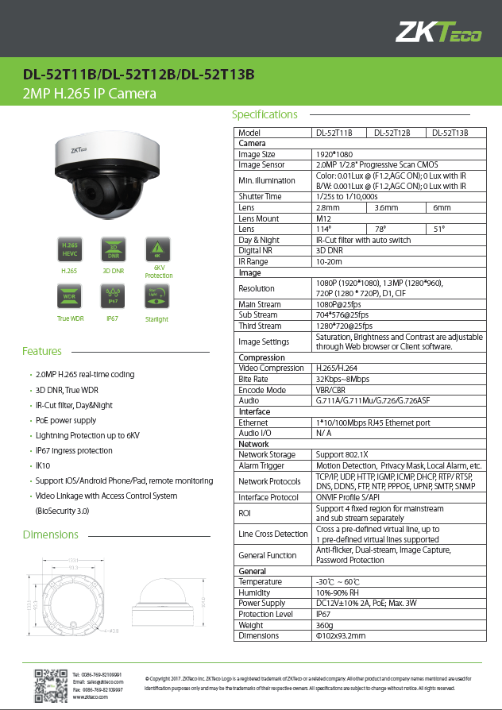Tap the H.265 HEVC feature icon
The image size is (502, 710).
point(69,249)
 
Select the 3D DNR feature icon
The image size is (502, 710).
point(113,249)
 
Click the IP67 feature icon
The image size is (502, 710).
point(113,297)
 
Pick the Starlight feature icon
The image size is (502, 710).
point(156,297)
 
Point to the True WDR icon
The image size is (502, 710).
point(69,297)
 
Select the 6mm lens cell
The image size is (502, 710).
point(442,207)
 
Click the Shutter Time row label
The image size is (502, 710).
point(261,196)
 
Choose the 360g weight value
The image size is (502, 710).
point(325,625)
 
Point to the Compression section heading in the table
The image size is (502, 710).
point(262,357)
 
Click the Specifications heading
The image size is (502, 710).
point(265,114)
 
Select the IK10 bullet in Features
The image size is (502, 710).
point(43,466)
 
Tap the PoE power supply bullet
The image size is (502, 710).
point(66,420)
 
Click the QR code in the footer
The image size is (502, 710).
point(51,683)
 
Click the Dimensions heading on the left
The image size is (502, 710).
point(50,534)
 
